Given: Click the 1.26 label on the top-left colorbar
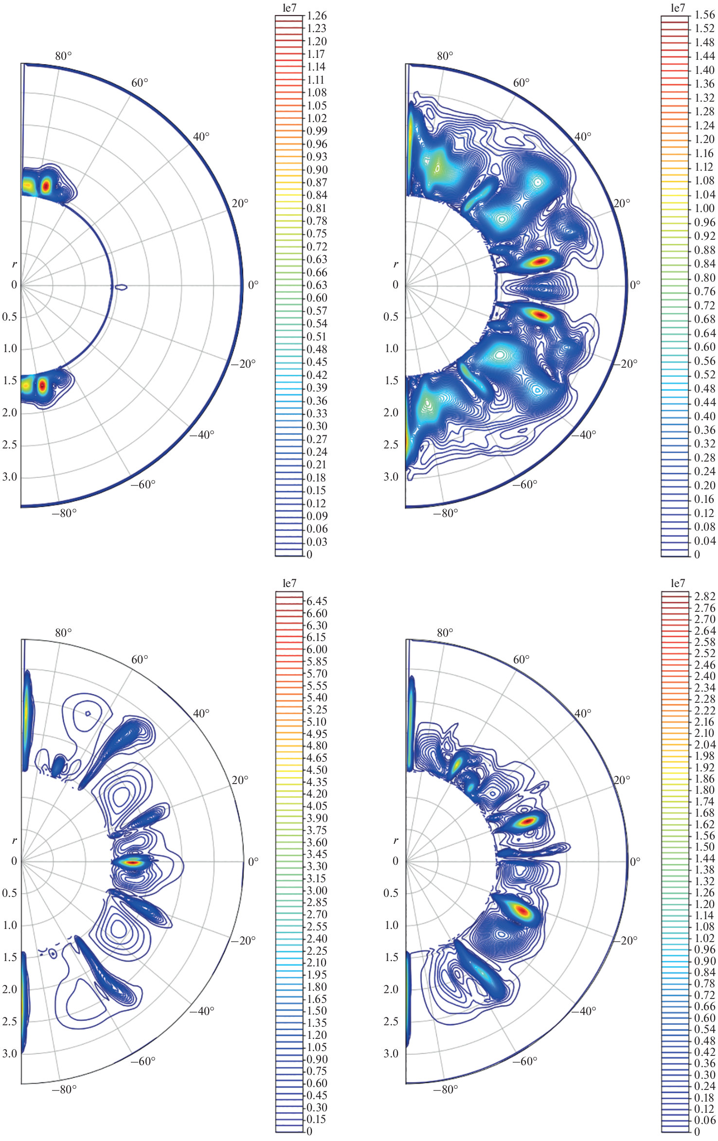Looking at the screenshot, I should click(317, 16).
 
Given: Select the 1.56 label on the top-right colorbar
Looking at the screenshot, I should click(704, 15).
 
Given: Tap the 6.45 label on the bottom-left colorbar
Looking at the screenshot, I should click(317, 601).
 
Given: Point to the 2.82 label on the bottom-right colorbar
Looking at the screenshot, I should click(704, 596).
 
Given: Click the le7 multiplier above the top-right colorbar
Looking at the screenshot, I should click(678, 7).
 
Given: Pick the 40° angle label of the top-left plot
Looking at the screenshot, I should click(201, 137).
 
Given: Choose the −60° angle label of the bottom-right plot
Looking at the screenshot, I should click(525, 1061).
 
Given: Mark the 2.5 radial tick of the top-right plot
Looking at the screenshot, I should click(391, 445).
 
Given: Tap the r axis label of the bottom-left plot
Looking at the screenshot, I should click(14, 840).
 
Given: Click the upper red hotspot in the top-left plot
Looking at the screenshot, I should click(46, 185).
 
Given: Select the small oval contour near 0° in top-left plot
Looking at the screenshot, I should click(122, 287).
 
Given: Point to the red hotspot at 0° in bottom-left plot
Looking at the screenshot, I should click(132, 862).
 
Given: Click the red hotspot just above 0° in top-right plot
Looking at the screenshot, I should click(539, 261).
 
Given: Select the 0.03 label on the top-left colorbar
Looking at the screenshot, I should click(317, 542).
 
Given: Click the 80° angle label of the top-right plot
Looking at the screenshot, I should click(445, 56).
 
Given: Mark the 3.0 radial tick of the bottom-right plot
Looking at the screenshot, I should click(391, 1053).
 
